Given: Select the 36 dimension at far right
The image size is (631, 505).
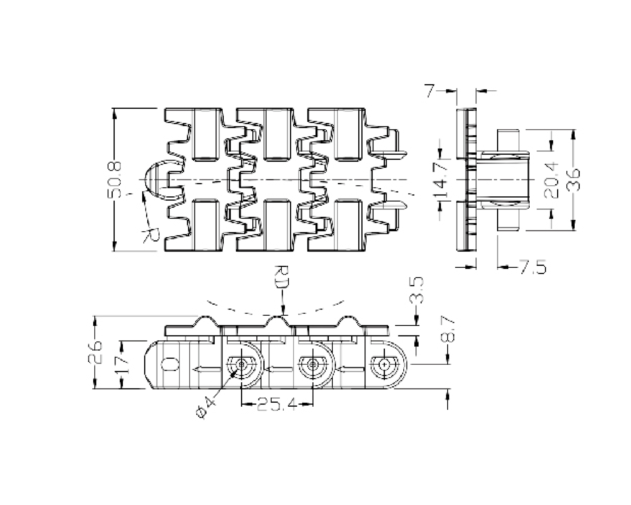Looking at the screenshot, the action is [x=573, y=179].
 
